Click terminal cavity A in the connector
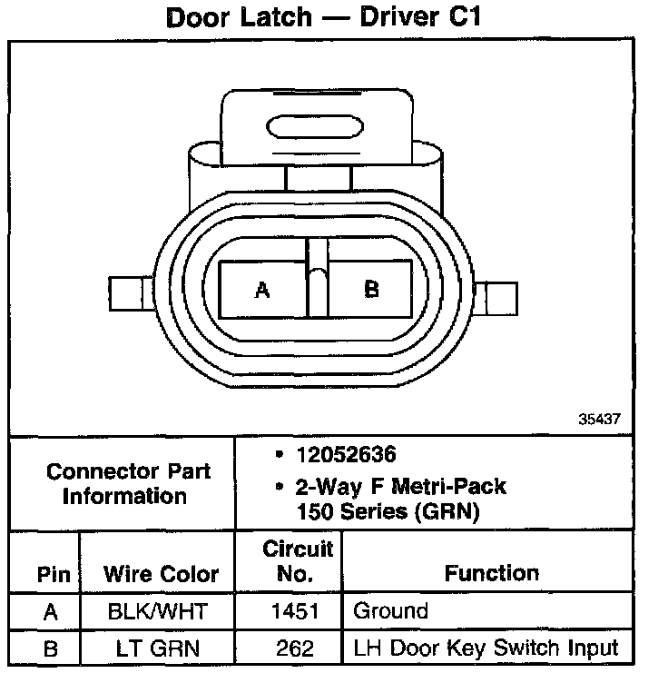pos(263,290)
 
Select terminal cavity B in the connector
pos(371,290)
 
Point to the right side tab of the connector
pos(498,297)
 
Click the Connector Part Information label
pos(128,484)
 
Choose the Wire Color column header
pos(161,575)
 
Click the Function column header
pos(491,573)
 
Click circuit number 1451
pos(297,612)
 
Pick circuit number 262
pos(297,648)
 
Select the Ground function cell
pos(389,611)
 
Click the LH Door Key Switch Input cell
pos(486,648)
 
